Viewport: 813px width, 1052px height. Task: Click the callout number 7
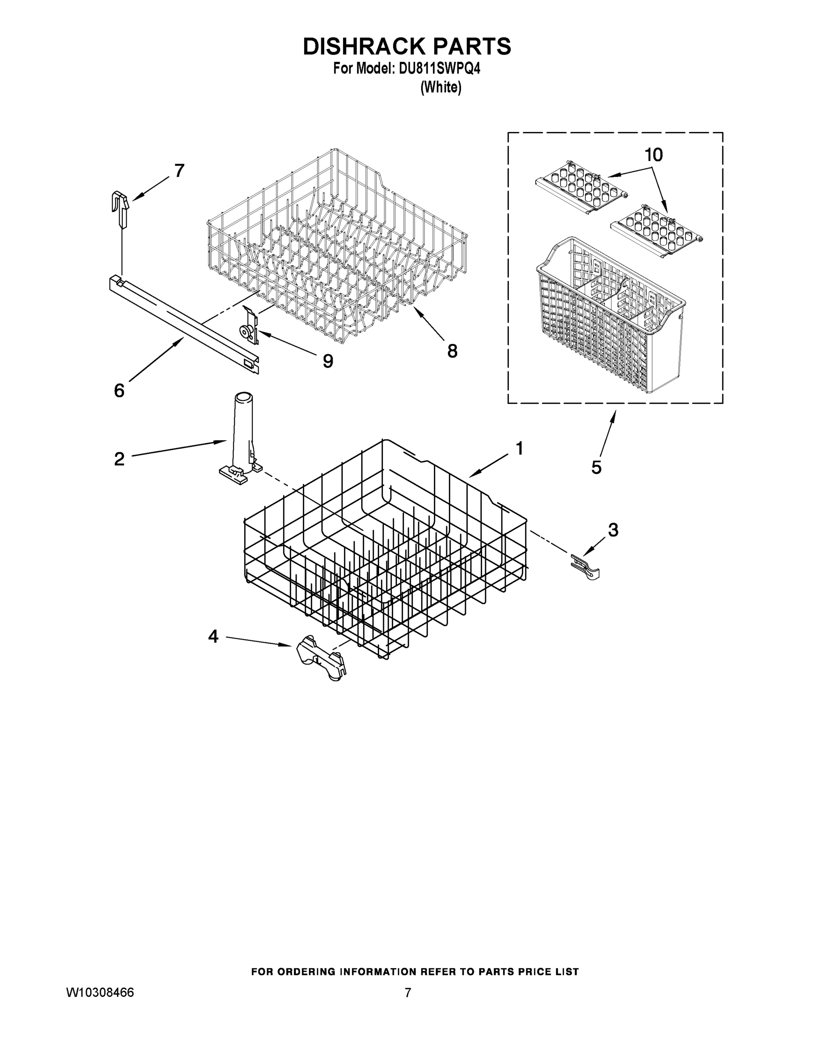[x=179, y=171]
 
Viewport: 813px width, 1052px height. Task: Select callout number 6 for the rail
[x=119, y=391]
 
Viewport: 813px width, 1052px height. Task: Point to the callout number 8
[x=452, y=351]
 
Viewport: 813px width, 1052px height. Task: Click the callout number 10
[x=653, y=155]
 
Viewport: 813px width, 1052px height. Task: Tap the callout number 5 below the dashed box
[x=596, y=467]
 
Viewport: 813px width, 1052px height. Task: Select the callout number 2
[x=119, y=458]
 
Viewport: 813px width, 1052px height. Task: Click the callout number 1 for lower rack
[x=519, y=448]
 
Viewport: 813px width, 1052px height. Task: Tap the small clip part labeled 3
[x=585, y=566]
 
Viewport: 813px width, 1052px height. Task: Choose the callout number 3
[x=613, y=530]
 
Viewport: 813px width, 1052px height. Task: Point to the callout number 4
[x=213, y=637]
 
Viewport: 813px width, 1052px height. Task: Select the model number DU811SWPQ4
[x=439, y=69]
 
